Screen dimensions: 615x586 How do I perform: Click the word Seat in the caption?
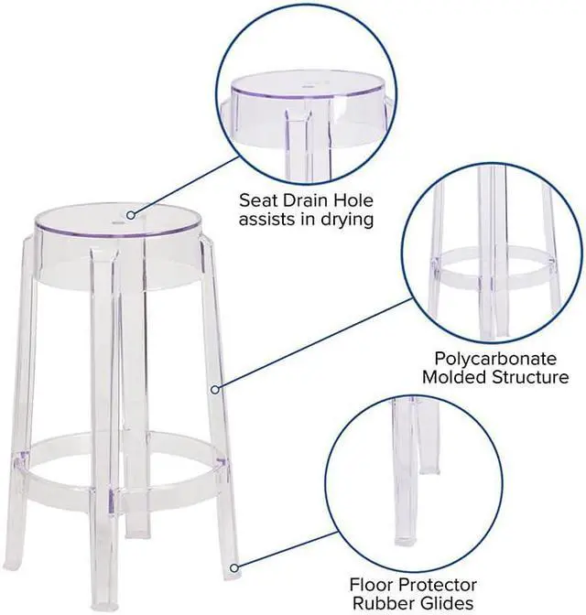(259, 199)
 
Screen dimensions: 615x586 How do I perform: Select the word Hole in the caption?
(355, 199)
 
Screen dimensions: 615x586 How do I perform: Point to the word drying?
(343, 221)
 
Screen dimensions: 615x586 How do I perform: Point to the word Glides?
(453, 603)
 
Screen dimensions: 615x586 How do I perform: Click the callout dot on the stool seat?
(131, 216)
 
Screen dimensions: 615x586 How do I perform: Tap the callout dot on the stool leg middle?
(216, 390)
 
